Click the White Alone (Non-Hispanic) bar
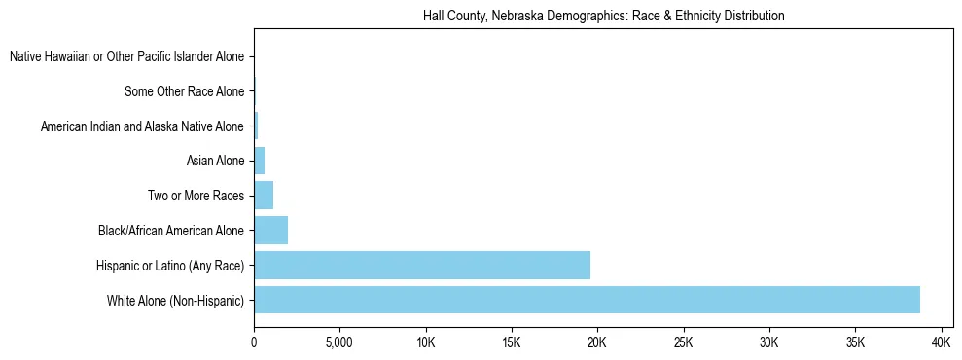point(587,300)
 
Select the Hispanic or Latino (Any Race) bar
point(422,265)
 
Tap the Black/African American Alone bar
point(270,230)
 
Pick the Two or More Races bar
point(264,195)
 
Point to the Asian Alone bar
point(259,161)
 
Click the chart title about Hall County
point(603,17)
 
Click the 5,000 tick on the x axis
point(339,343)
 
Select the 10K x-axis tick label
point(425,343)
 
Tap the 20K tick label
point(597,343)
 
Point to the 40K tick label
point(941,343)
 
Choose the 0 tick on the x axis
point(254,343)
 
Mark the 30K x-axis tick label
point(769,343)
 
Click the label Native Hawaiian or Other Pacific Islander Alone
point(126,56)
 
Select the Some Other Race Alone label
point(184,91)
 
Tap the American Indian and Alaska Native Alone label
point(142,126)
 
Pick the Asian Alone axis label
point(215,161)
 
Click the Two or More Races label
point(196,196)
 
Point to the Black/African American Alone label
point(170,231)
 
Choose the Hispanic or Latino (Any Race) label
point(169,265)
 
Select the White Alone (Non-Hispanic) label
point(175,300)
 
